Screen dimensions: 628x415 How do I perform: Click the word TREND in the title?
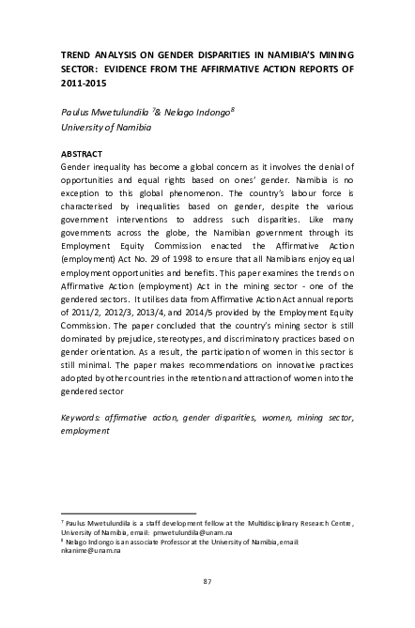click(x=75, y=55)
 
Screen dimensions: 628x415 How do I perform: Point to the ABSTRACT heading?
click(x=81, y=153)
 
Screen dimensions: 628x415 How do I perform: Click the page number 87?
click(x=207, y=583)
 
